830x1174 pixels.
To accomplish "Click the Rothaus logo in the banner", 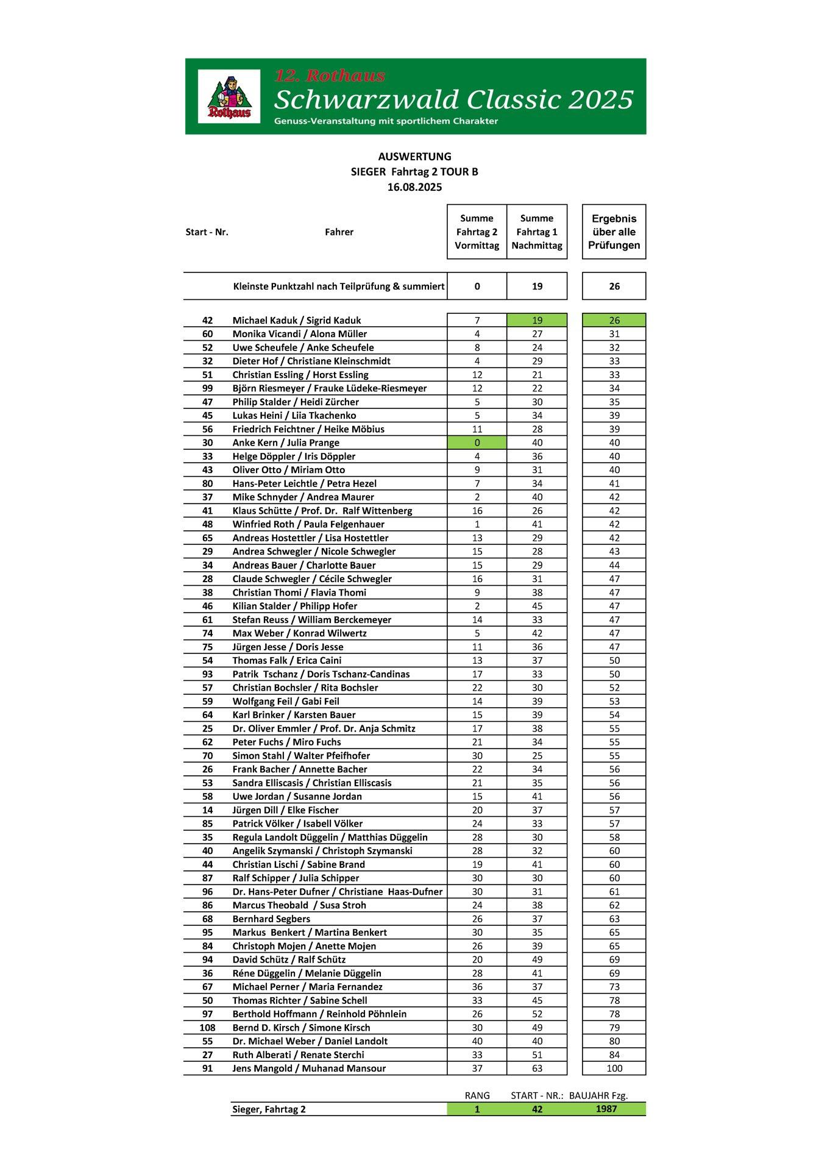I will tap(229, 96).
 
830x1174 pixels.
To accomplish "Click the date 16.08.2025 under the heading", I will tap(414, 187).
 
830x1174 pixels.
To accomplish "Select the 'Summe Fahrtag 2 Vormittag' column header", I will tap(477, 232).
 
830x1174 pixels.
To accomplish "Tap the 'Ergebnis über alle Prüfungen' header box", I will tap(614, 232).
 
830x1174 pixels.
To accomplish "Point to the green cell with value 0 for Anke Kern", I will tap(477, 443).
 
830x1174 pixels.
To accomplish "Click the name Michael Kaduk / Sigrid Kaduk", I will tap(297, 320).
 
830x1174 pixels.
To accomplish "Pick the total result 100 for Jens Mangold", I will tap(614, 1068).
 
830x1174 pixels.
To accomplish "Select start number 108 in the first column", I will tap(207, 1027).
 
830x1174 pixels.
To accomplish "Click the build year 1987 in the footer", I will tap(606, 1109).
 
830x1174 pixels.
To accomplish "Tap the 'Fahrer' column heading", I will tap(339, 232).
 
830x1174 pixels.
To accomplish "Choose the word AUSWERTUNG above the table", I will tap(414, 157).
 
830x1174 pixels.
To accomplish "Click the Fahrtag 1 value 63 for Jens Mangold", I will tap(537, 1068).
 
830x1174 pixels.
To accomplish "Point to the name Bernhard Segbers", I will tap(271, 919).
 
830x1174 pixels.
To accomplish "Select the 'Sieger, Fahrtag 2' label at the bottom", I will tap(269, 1109).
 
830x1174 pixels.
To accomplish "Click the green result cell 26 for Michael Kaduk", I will tap(614, 320).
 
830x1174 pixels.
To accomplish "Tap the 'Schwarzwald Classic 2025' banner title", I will tap(454, 99).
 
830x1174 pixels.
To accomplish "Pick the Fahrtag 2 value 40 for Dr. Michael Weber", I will tap(477, 1041).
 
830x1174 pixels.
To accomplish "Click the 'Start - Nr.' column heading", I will tap(207, 232).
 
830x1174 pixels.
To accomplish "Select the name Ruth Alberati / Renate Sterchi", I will tap(298, 1055).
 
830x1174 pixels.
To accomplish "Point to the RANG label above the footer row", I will tap(477, 1095).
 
